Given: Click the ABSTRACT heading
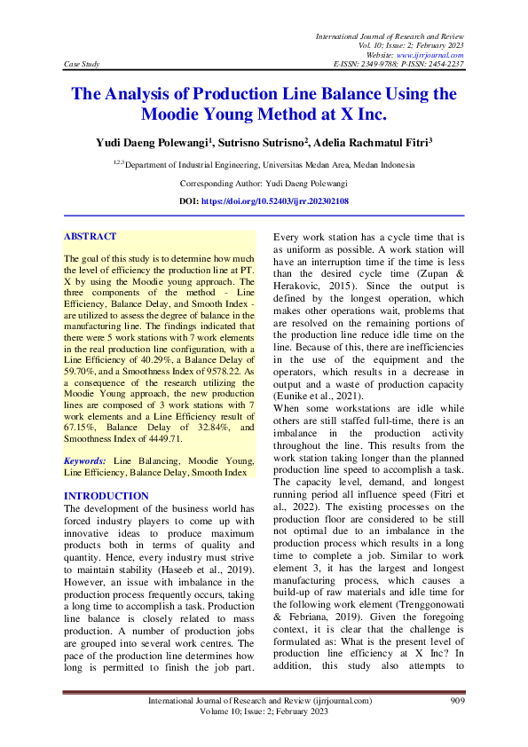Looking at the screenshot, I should point(91,237).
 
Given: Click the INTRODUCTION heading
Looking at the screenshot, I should point(107,496).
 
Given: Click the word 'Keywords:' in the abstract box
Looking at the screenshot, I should point(85,461).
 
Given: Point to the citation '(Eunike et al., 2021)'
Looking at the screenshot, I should point(315,394).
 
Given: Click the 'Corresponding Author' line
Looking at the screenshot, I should point(264,183).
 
